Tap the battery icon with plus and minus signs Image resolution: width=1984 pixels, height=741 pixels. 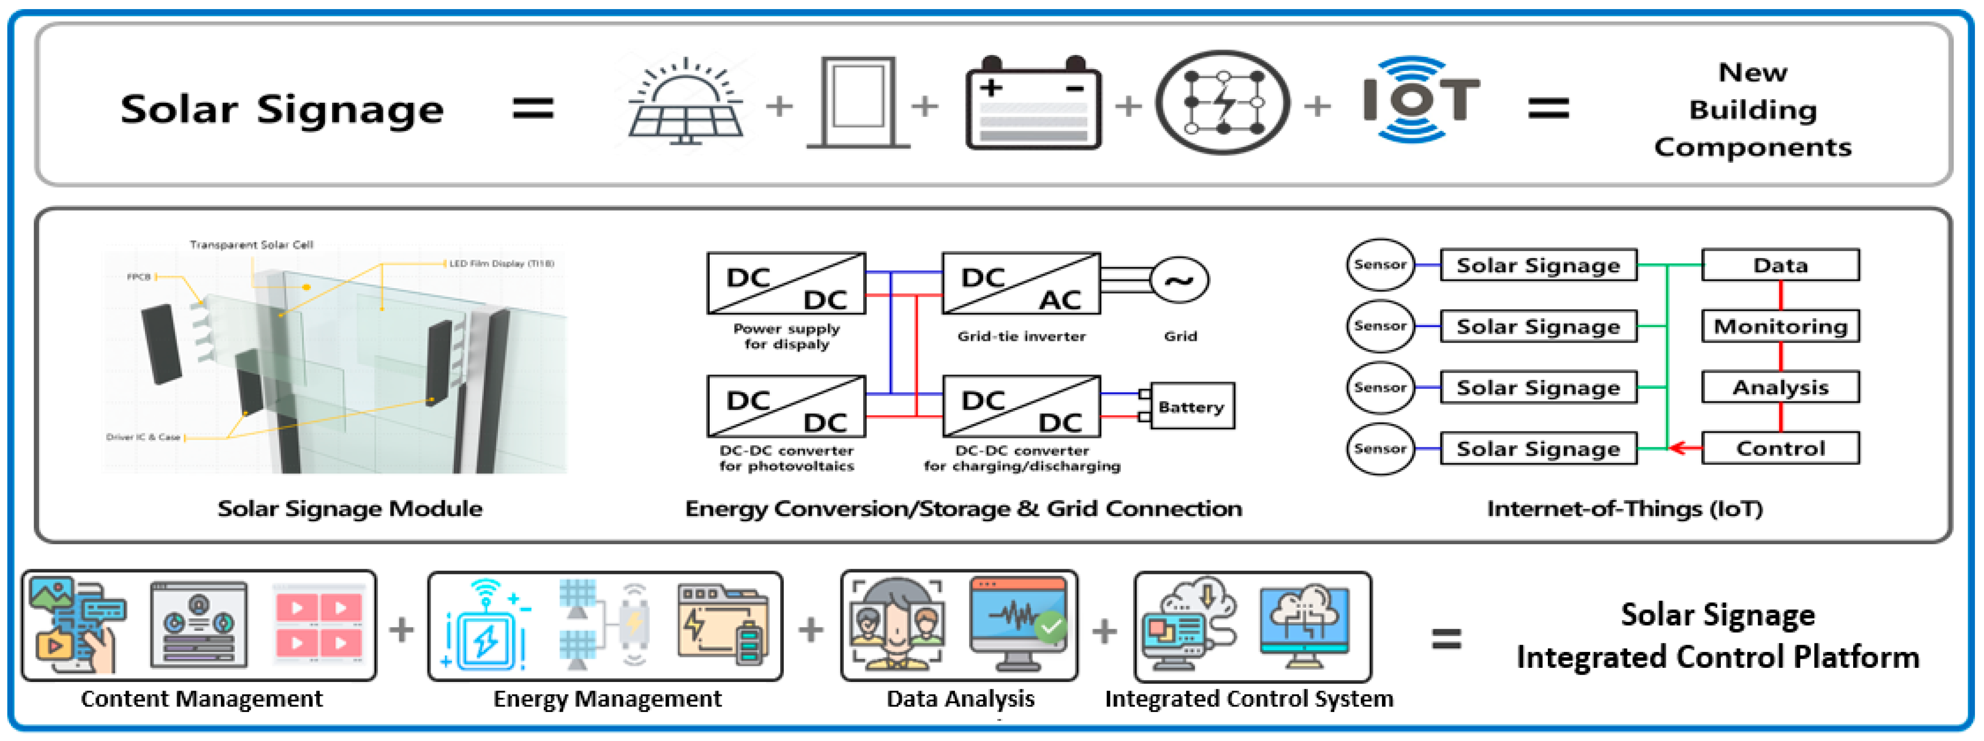pos(1033,104)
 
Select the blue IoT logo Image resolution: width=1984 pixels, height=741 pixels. pos(1419,100)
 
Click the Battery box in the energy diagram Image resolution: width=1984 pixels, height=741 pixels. pos(1191,406)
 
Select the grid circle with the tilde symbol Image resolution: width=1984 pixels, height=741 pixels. pos(1178,280)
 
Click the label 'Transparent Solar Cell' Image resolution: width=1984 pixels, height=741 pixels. pos(251,245)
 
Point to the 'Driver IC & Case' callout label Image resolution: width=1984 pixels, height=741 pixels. pos(143,437)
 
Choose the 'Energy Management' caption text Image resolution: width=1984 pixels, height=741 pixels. pos(607,699)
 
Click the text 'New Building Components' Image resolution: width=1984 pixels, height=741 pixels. pos(1752,110)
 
